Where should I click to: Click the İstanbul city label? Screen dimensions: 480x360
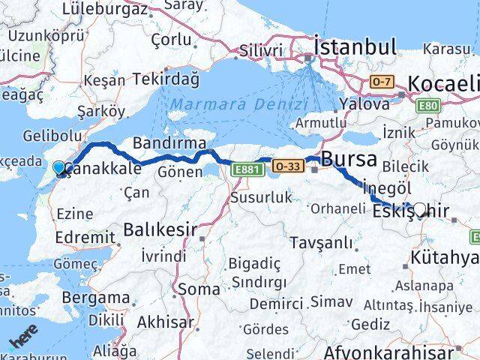(355, 46)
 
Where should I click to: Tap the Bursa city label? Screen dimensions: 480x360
(347, 159)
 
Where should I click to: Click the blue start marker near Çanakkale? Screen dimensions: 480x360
(59, 169)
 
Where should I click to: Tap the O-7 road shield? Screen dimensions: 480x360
(382, 80)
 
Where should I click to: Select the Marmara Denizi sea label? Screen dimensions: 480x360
(238, 104)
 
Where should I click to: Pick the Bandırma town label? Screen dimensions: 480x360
(169, 142)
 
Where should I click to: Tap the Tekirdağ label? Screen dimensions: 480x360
(166, 79)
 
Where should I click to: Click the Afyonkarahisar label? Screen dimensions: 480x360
(400, 352)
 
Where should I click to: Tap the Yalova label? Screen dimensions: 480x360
(364, 103)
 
